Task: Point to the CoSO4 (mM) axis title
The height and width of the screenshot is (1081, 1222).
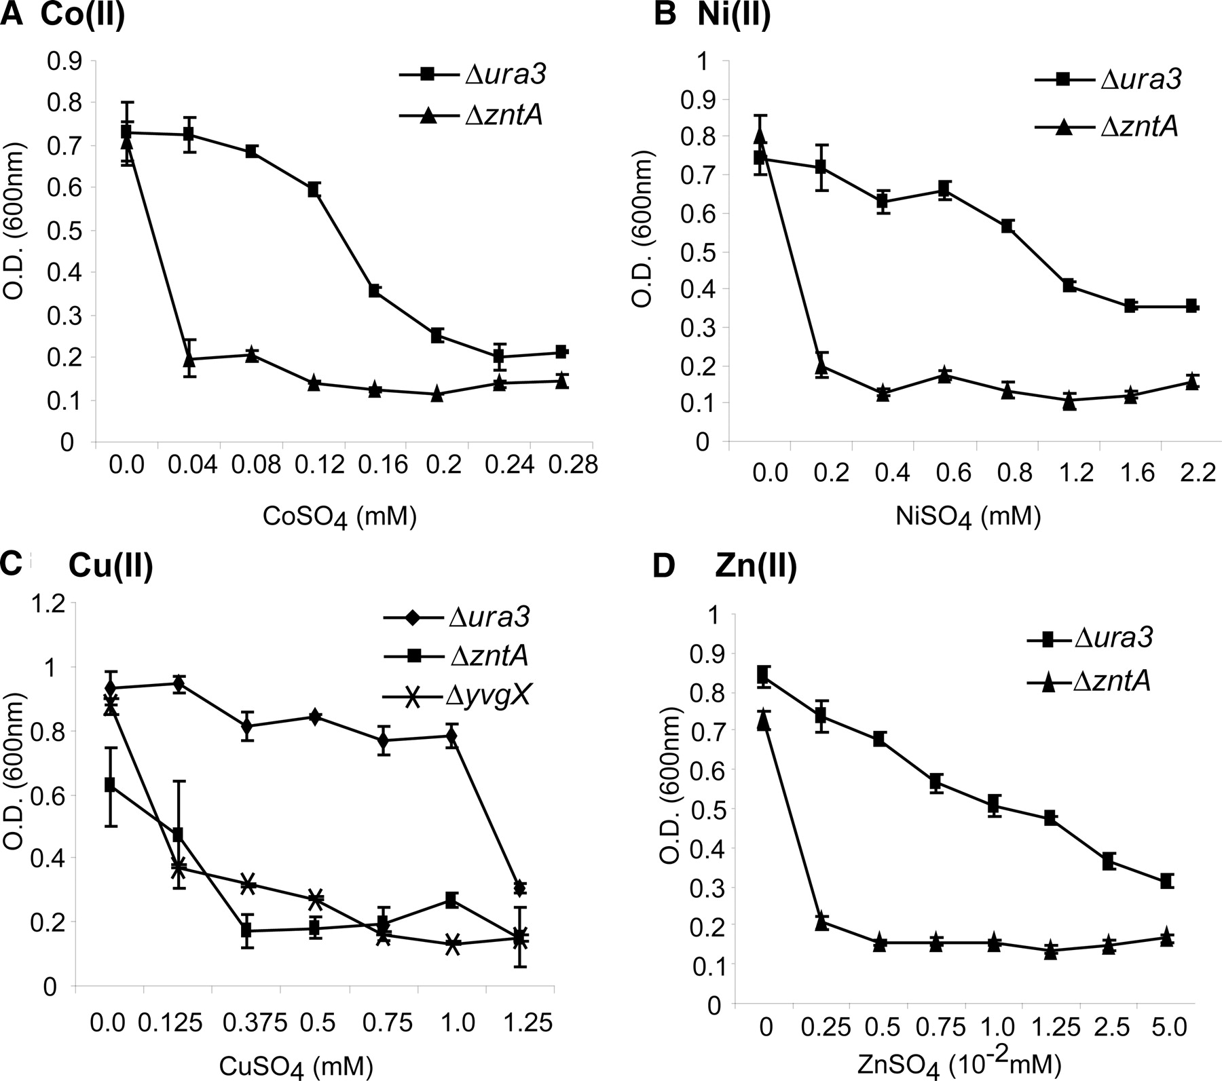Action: [x=339, y=518]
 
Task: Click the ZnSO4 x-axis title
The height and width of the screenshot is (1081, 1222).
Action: [x=972, y=1067]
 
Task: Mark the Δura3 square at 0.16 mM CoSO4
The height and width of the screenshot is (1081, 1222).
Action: [x=375, y=291]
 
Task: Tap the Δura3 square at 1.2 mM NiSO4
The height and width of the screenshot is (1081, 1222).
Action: [x=1069, y=286]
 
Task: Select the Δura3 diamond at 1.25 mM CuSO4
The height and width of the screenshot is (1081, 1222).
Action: [x=520, y=888]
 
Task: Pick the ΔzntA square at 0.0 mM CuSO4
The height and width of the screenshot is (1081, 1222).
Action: [x=110, y=786]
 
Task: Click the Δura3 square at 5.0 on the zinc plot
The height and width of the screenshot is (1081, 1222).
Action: [x=1166, y=881]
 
